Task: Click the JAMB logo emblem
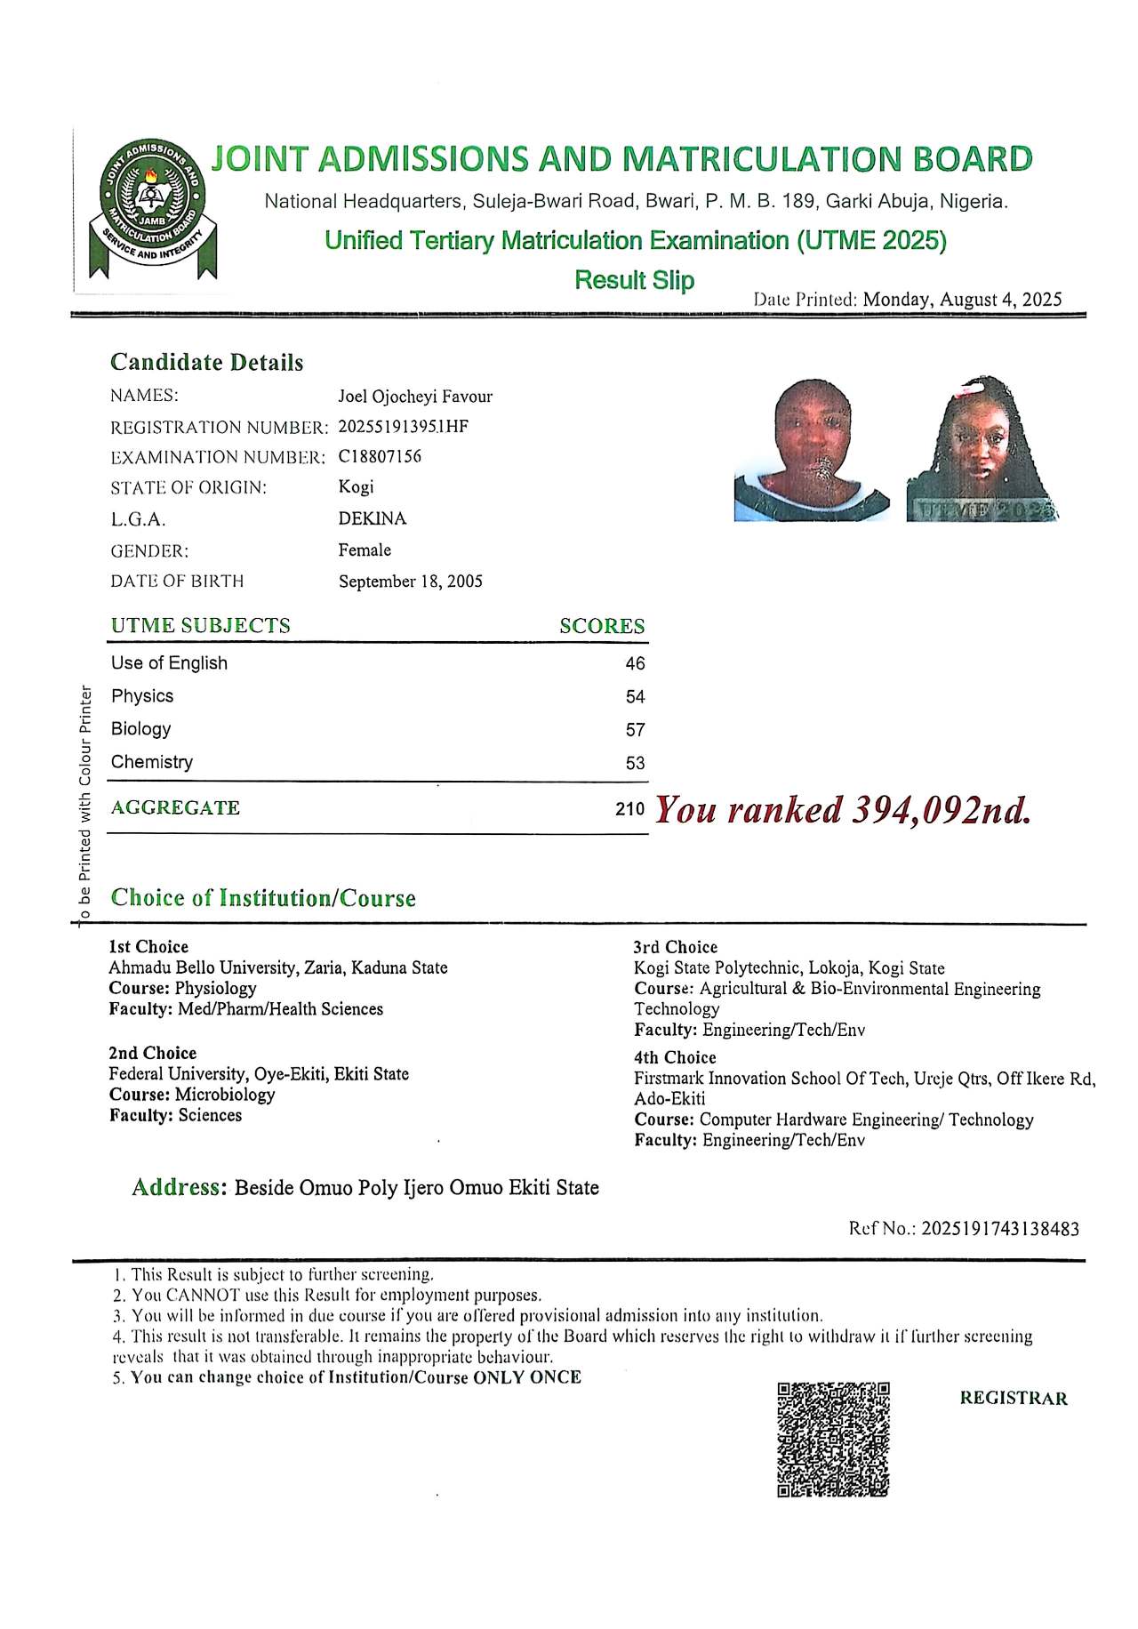pos(150,210)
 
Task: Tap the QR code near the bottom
pos(833,1439)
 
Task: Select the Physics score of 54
pos(635,697)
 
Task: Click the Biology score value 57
pos(635,730)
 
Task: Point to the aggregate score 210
pos(629,809)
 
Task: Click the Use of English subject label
pos(169,663)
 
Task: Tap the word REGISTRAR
pos(1014,1398)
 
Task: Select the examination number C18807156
pos(380,457)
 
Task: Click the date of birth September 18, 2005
pos(410,582)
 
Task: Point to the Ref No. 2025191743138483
pos(1000,1229)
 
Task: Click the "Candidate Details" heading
pos(206,363)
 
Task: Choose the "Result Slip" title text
pos(634,280)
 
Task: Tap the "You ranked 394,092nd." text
pos(843,809)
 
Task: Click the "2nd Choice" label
pos(152,1053)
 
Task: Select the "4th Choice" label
pos(675,1057)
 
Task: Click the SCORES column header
pos(602,626)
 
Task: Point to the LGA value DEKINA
pos(372,518)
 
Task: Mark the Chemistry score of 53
pos(635,763)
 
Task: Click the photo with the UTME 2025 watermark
pos(982,450)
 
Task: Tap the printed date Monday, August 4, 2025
pos(962,300)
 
